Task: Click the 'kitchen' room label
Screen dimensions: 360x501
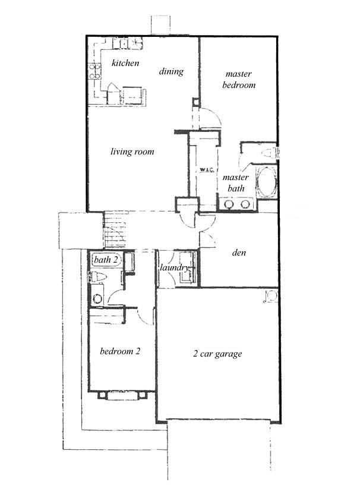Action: point(125,63)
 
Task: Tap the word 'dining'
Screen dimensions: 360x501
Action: point(171,71)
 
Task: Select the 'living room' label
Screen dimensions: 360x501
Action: point(132,152)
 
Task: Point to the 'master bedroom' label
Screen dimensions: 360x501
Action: point(239,80)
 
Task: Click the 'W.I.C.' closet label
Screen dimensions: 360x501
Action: point(206,169)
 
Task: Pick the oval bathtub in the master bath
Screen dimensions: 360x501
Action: point(266,182)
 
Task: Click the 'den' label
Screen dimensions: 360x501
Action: point(239,253)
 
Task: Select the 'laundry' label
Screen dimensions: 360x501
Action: point(175,268)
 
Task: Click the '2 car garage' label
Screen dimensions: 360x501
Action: point(217,354)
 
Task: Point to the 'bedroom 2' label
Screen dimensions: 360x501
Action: point(120,351)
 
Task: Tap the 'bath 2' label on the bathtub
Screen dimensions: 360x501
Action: point(106,260)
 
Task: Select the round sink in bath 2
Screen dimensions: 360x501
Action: point(97,298)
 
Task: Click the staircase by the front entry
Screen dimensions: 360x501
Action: point(115,229)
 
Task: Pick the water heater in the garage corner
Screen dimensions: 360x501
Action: point(270,296)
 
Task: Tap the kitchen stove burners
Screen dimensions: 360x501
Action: point(94,71)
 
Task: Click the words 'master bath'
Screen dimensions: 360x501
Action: point(236,183)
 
